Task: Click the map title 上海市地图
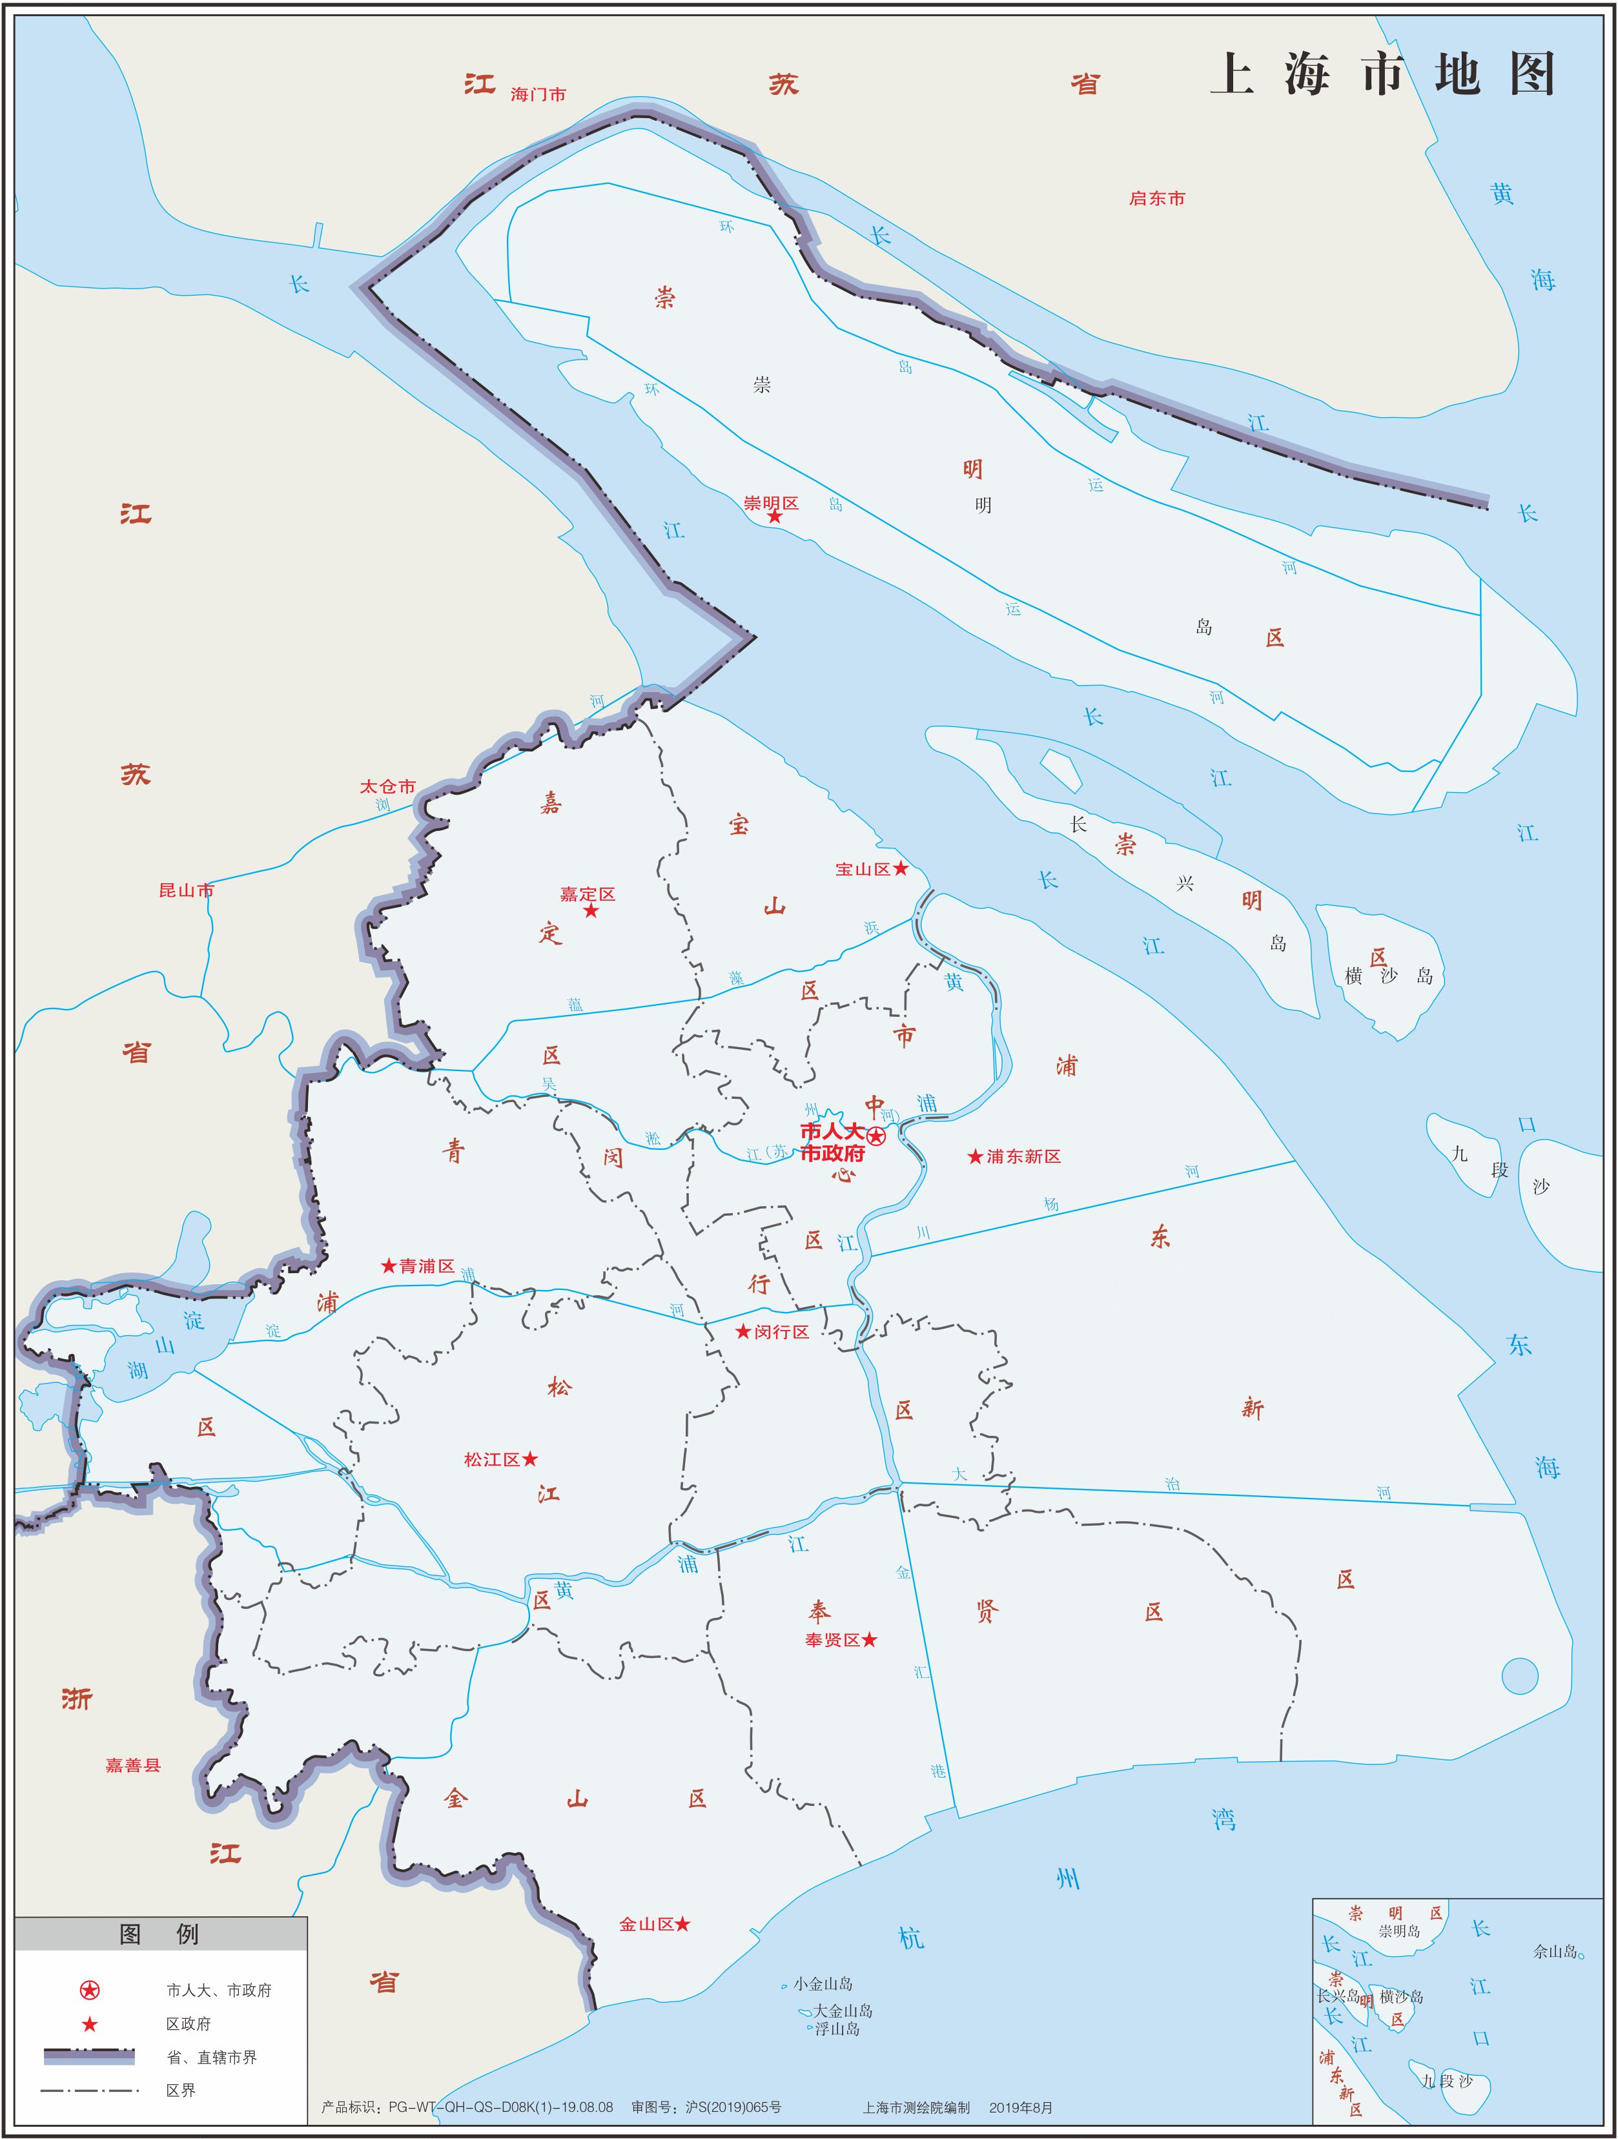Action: [1382, 74]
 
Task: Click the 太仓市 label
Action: [388, 786]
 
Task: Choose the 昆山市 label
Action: [186, 890]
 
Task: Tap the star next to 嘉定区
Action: [591, 911]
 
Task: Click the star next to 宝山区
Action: [901, 868]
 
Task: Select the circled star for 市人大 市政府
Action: [876, 1136]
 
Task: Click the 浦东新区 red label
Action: [1023, 1156]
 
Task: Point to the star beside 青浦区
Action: [389, 1266]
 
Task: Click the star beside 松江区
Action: [530, 1459]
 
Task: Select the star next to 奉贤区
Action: [870, 1639]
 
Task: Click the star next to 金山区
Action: [683, 1925]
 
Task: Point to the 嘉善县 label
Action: [132, 1765]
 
